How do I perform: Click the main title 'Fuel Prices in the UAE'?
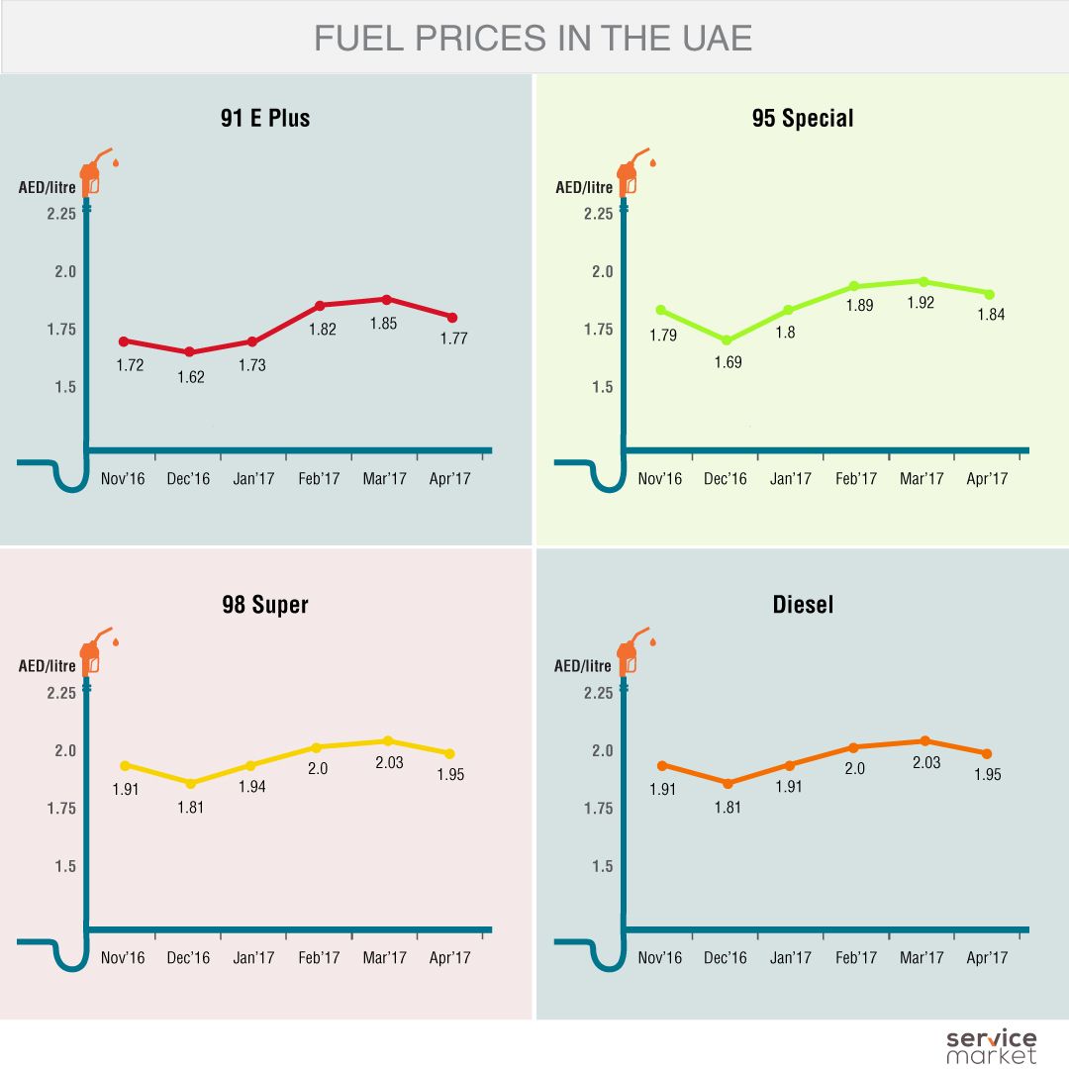534,38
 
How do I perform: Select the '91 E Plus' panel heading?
265,119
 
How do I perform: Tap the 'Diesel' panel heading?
803,604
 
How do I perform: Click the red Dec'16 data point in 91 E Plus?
189,352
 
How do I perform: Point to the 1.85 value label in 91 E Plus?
383,323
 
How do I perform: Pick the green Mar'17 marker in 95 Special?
923,282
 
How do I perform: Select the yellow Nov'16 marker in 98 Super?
125,765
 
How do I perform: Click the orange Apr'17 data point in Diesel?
987,754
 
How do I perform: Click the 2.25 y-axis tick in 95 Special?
597,214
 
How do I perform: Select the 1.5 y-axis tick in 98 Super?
65,866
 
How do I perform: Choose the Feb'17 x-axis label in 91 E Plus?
319,479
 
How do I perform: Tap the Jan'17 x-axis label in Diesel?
790,957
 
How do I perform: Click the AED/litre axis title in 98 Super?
48,666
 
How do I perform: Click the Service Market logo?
991,1045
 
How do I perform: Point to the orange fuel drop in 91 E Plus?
116,161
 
